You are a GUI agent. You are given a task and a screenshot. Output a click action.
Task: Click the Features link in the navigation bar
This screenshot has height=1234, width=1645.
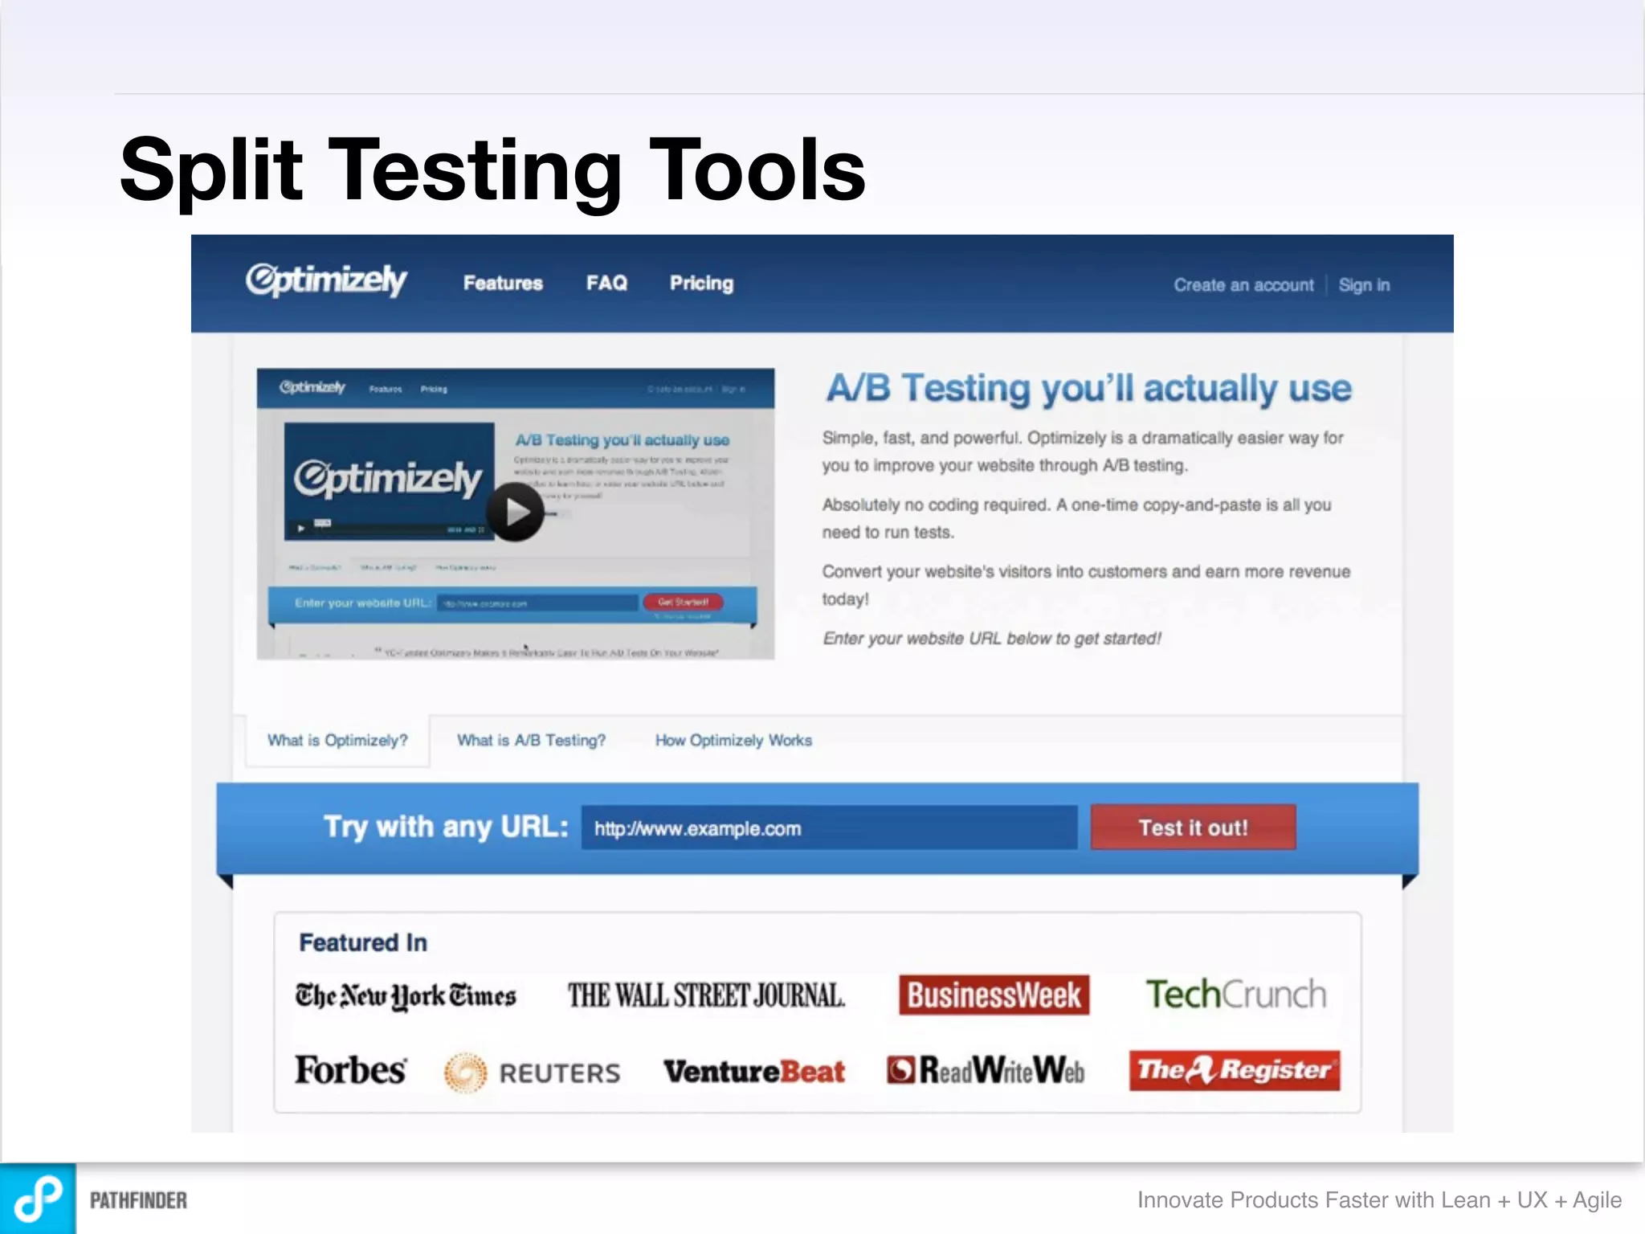(x=503, y=283)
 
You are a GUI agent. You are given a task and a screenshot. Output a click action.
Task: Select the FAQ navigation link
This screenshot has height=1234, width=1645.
(x=606, y=283)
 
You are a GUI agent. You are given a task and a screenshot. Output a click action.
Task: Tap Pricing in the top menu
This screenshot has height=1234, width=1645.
(x=701, y=283)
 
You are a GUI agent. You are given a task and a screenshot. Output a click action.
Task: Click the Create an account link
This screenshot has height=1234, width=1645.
(x=1243, y=285)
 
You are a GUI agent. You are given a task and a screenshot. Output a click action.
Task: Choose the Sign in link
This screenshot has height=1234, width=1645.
(x=1364, y=285)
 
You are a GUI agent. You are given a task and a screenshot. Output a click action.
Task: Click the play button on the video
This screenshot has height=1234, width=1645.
(x=515, y=512)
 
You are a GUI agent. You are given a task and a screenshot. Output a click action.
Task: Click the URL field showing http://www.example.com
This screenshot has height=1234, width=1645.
(x=828, y=828)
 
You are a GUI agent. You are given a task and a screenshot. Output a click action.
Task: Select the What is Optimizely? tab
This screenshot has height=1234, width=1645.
(x=337, y=740)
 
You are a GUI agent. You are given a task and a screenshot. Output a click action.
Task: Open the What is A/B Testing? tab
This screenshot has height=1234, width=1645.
(x=531, y=740)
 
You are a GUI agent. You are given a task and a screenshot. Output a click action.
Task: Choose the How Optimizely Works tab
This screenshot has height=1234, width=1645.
(x=733, y=740)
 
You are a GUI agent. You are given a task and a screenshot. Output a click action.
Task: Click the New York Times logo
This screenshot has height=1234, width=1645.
(x=405, y=995)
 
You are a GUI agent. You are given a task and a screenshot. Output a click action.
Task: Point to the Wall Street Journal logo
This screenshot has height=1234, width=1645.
(x=706, y=995)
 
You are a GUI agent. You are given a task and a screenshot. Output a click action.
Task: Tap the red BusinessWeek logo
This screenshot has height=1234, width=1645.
(x=994, y=995)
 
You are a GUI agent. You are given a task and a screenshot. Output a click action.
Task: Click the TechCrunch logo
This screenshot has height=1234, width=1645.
(x=1235, y=995)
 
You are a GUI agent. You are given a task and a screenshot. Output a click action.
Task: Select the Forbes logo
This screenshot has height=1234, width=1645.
(x=350, y=1070)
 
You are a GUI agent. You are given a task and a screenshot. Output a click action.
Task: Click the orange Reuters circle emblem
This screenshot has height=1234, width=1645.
(x=465, y=1073)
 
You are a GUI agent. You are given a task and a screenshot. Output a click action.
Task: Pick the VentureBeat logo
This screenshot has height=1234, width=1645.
(x=753, y=1071)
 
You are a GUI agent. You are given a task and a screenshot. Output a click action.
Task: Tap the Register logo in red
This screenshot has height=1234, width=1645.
(x=1234, y=1070)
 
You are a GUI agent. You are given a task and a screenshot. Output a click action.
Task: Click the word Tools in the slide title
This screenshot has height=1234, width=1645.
(x=757, y=170)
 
